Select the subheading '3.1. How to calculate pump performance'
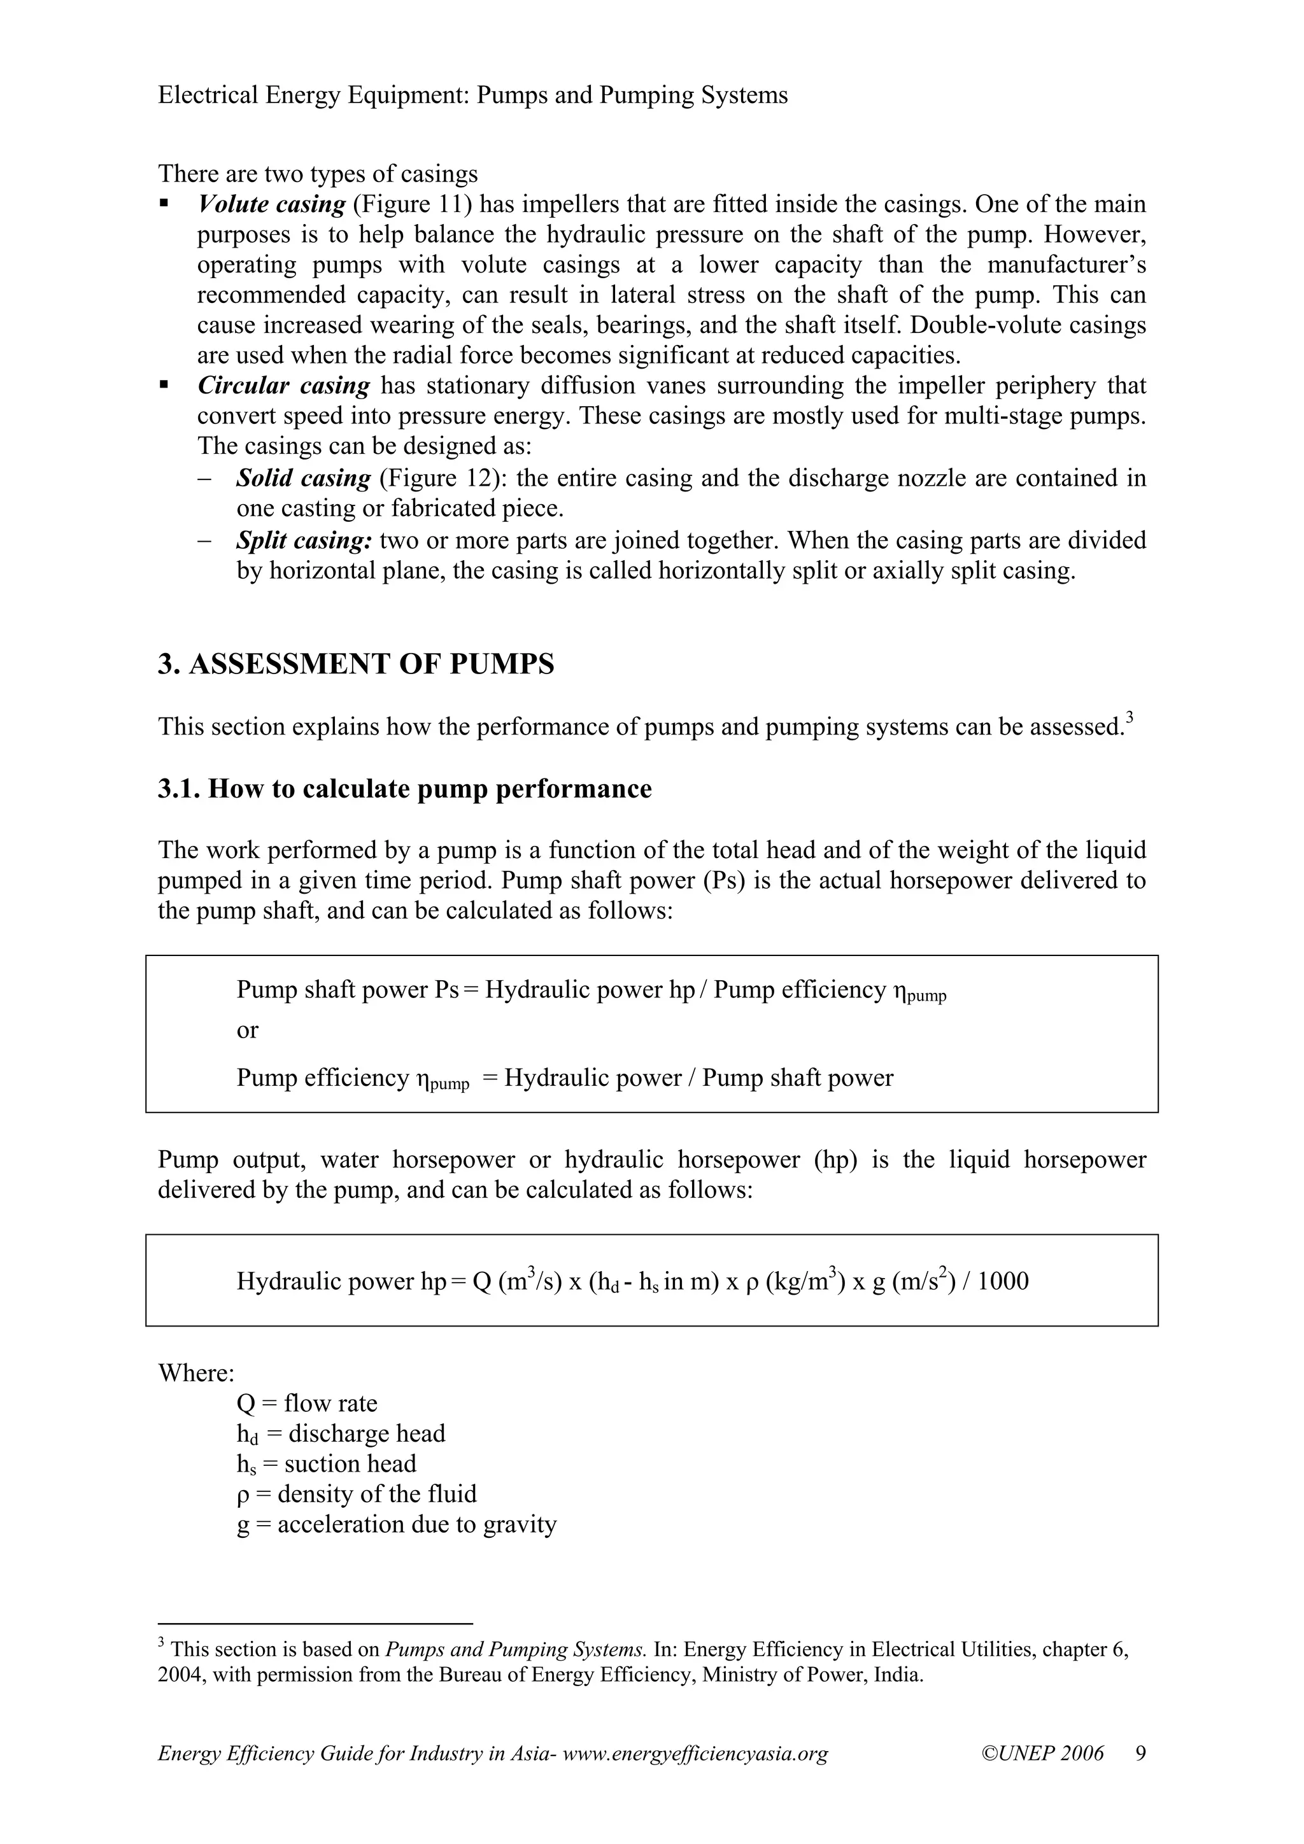tap(404, 789)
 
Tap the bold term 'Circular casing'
tap(283, 386)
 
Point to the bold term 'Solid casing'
tap(303, 479)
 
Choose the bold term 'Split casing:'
tap(304, 540)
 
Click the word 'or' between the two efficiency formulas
tap(248, 1031)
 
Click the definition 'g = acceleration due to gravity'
tap(396, 1524)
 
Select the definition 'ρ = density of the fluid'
tap(357, 1494)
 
